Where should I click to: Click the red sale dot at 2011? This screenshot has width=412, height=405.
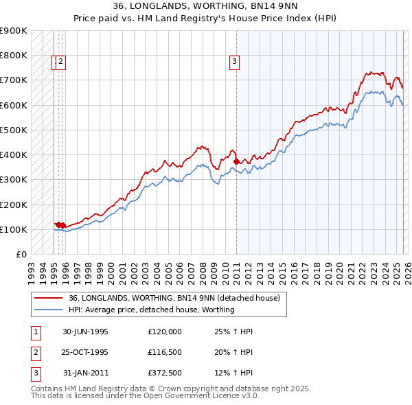(236, 161)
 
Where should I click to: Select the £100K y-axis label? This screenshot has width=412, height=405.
(14, 229)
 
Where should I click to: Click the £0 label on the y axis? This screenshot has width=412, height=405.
(21, 254)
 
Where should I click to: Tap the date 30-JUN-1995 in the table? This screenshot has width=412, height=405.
(86, 332)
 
